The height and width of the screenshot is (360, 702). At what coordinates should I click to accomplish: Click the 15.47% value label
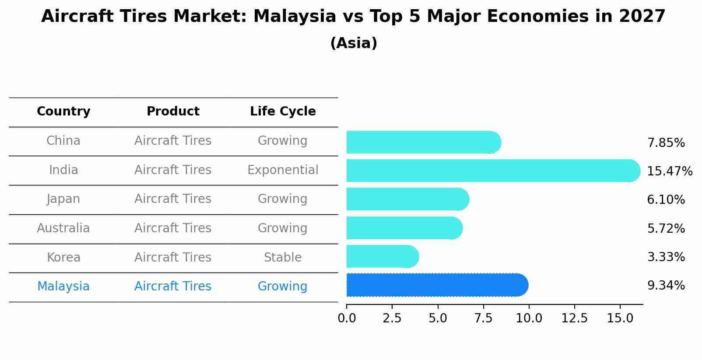click(x=669, y=171)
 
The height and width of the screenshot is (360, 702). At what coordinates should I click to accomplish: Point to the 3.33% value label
click(x=666, y=257)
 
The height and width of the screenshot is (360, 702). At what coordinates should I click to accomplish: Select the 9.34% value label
click(x=666, y=286)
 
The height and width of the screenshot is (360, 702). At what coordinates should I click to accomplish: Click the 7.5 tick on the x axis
click(x=483, y=318)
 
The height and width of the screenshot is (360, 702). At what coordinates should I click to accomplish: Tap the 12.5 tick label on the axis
click(x=574, y=318)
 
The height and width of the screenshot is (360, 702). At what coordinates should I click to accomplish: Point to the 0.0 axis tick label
click(x=347, y=318)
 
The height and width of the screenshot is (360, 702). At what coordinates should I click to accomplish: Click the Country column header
click(x=63, y=112)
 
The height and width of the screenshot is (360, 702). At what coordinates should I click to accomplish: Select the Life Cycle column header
click(x=283, y=112)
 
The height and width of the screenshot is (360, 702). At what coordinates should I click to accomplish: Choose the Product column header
click(x=173, y=112)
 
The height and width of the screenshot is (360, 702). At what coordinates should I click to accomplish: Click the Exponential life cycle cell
click(x=283, y=170)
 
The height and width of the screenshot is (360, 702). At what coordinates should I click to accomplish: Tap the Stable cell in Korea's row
click(x=283, y=257)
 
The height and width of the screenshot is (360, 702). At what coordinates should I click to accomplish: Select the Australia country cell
click(x=63, y=228)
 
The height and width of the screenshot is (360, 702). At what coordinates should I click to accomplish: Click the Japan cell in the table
click(x=63, y=199)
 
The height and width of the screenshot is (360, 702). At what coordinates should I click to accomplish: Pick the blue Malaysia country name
click(x=63, y=286)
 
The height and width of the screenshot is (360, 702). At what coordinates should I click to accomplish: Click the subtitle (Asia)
click(x=354, y=43)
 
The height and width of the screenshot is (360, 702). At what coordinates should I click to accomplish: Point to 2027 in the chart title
click(x=642, y=17)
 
